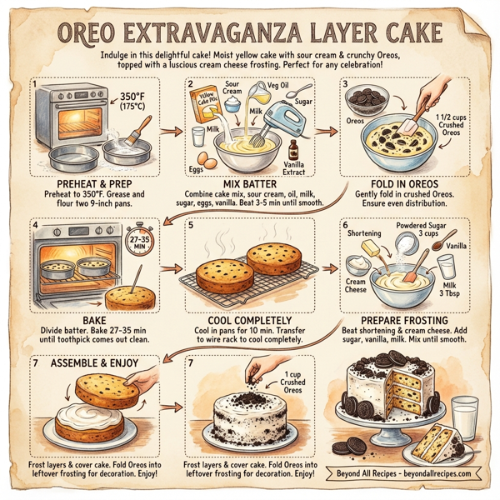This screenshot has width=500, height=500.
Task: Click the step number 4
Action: coord(34,224)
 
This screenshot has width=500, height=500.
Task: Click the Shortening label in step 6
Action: coord(363,235)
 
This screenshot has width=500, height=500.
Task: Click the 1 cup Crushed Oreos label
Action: coord(292,380)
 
